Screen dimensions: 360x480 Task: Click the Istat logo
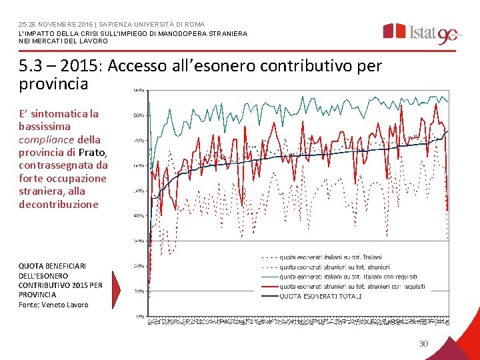(x=420, y=32)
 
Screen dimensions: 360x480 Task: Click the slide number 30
(x=423, y=343)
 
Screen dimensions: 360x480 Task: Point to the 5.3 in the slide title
(x=33, y=66)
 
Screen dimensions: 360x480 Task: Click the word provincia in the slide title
(x=54, y=85)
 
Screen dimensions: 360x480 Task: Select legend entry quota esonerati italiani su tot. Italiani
(x=330, y=256)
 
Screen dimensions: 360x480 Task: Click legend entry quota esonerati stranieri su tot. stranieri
(x=330, y=266)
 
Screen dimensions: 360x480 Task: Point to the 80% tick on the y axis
(x=139, y=115)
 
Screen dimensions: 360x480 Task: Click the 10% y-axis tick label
(x=139, y=291)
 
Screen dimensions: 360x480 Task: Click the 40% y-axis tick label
(x=139, y=215)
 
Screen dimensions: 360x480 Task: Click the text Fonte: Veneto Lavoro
(x=53, y=305)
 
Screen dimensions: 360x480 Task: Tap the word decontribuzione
(x=59, y=204)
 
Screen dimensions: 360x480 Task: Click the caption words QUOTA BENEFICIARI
(x=52, y=265)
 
